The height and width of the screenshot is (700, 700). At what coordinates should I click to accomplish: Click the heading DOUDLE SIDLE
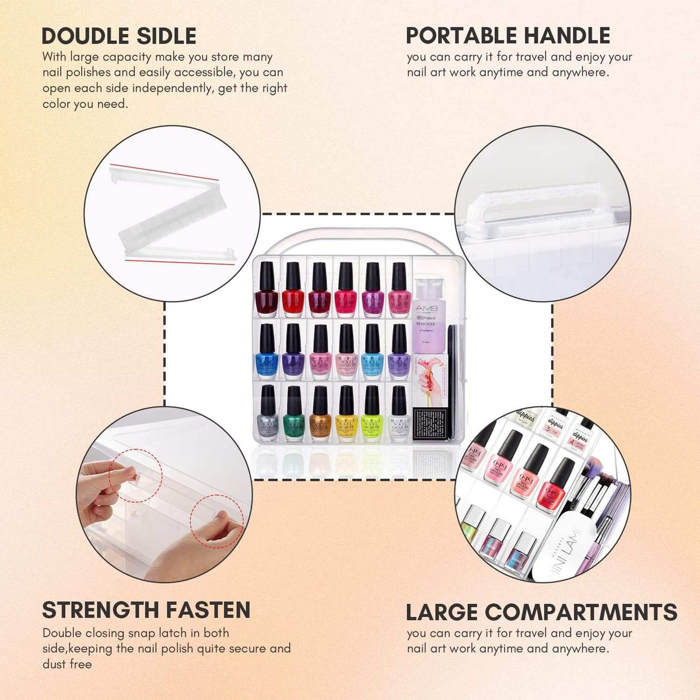tap(119, 36)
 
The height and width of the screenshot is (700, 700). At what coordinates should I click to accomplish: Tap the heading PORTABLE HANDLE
tap(508, 36)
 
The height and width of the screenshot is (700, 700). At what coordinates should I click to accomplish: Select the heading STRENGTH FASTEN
tap(146, 610)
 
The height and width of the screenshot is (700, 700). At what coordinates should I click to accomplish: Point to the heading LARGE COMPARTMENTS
tap(541, 612)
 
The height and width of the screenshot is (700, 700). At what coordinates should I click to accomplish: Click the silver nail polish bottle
tap(268, 415)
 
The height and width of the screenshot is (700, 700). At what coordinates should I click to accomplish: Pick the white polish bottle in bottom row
tap(399, 415)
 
